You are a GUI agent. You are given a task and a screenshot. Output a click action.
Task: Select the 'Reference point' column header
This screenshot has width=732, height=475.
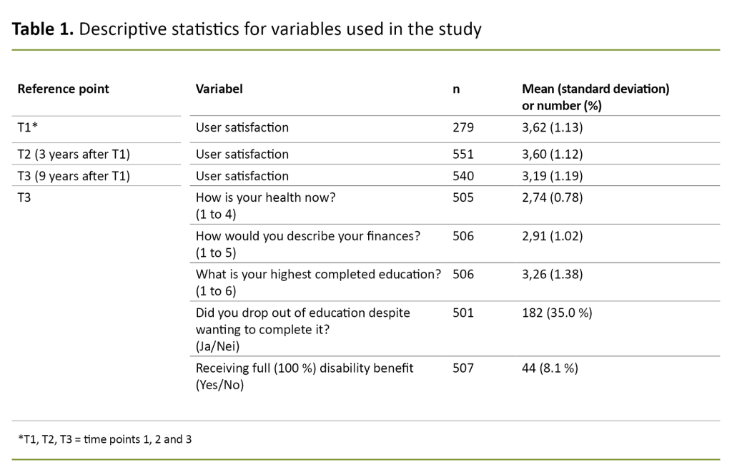(x=63, y=89)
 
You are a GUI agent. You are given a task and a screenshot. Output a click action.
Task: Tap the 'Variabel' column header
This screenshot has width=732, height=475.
(x=219, y=89)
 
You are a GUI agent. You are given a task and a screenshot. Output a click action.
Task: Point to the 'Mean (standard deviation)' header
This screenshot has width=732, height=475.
(x=595, y=89)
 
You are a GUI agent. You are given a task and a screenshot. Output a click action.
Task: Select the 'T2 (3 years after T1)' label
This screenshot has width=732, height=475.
(x=73, y=154)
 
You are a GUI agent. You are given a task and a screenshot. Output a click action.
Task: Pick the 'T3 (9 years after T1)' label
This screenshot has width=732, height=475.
(x=73, y=176)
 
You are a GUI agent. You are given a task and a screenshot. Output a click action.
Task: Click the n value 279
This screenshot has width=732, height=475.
(x=463, y=127)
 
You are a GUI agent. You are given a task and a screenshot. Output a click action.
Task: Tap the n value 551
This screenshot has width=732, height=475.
(x=463, y=154)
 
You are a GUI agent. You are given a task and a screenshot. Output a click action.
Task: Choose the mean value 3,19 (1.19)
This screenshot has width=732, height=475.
(x=553, y=176)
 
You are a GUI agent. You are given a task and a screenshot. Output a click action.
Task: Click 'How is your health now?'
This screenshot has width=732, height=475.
(x=265, y=197)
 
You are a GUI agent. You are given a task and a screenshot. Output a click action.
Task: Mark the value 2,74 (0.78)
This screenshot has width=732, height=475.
(x=553, y=197)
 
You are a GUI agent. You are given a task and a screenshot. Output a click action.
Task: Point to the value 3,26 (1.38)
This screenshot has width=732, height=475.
(x=553, y=275)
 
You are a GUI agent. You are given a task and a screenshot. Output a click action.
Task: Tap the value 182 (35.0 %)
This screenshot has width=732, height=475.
(x=557, y=313)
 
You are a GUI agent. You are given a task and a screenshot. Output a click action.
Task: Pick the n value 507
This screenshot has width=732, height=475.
(x=463, y=368)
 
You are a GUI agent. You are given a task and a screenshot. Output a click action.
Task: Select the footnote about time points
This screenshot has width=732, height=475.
(x=104, y=439)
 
